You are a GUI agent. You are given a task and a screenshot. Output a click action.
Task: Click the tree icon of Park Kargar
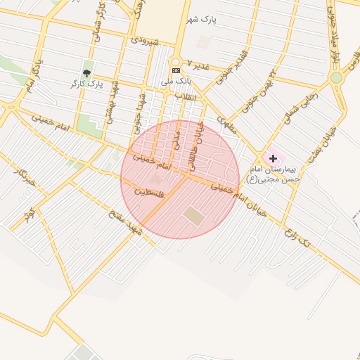[87, 72]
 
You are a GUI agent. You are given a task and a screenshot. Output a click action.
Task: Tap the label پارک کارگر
[87, 84]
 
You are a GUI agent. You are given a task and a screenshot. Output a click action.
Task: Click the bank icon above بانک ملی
[175, 70]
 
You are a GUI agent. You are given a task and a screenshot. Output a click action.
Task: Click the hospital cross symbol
[273, 159]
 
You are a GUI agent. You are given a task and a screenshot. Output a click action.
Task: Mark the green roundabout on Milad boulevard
[337, 77]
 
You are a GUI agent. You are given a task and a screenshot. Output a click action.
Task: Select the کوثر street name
[27, 215]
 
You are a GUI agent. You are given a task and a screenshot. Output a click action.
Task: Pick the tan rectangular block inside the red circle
[193, 216]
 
